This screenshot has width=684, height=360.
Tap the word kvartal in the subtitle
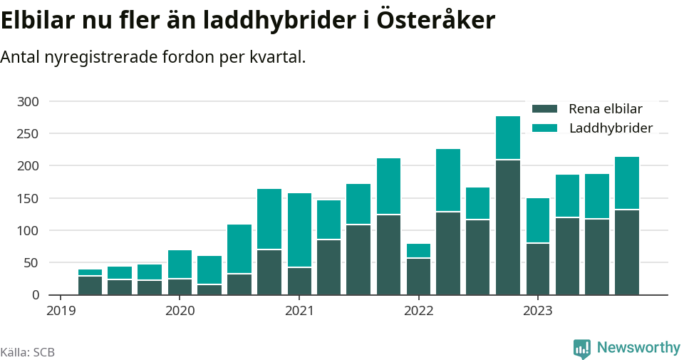pyautogui.click(x=277, y=57)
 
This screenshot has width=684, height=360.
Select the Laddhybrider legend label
pyautogui.click(x=611, y=128)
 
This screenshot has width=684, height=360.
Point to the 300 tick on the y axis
pyautogui.click(x=28, y=102)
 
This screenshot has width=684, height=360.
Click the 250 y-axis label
pyautogui.click(x=28, y=134)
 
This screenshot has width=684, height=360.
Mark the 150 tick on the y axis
pyautogui.click(x=28, y=198)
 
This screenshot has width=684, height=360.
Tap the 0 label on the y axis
pyautogui.click(x=35, y=295)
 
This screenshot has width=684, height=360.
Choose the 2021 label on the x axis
pyautogui.click(x=299, y=311)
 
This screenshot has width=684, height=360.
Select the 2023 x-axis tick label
pyautogui.click(x=538, y=311)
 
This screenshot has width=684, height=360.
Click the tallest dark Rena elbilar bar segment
pyautogui.click(x=508, y=227)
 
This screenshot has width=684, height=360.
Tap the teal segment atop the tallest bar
pyautogui.click(x=508, y=138)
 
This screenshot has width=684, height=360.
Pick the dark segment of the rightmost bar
pyautogui.click(x=627, y=252)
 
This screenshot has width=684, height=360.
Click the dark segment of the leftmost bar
pyautogui.click(x=90, y=285)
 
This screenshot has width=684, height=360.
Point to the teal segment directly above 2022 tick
pyautogui.click(x=418, y=250)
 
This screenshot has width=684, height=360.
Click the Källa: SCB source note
pyautogui.click(x=28, y=352)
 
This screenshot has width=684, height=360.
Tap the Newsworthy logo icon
pyautogui.click(x=581, y=348)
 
